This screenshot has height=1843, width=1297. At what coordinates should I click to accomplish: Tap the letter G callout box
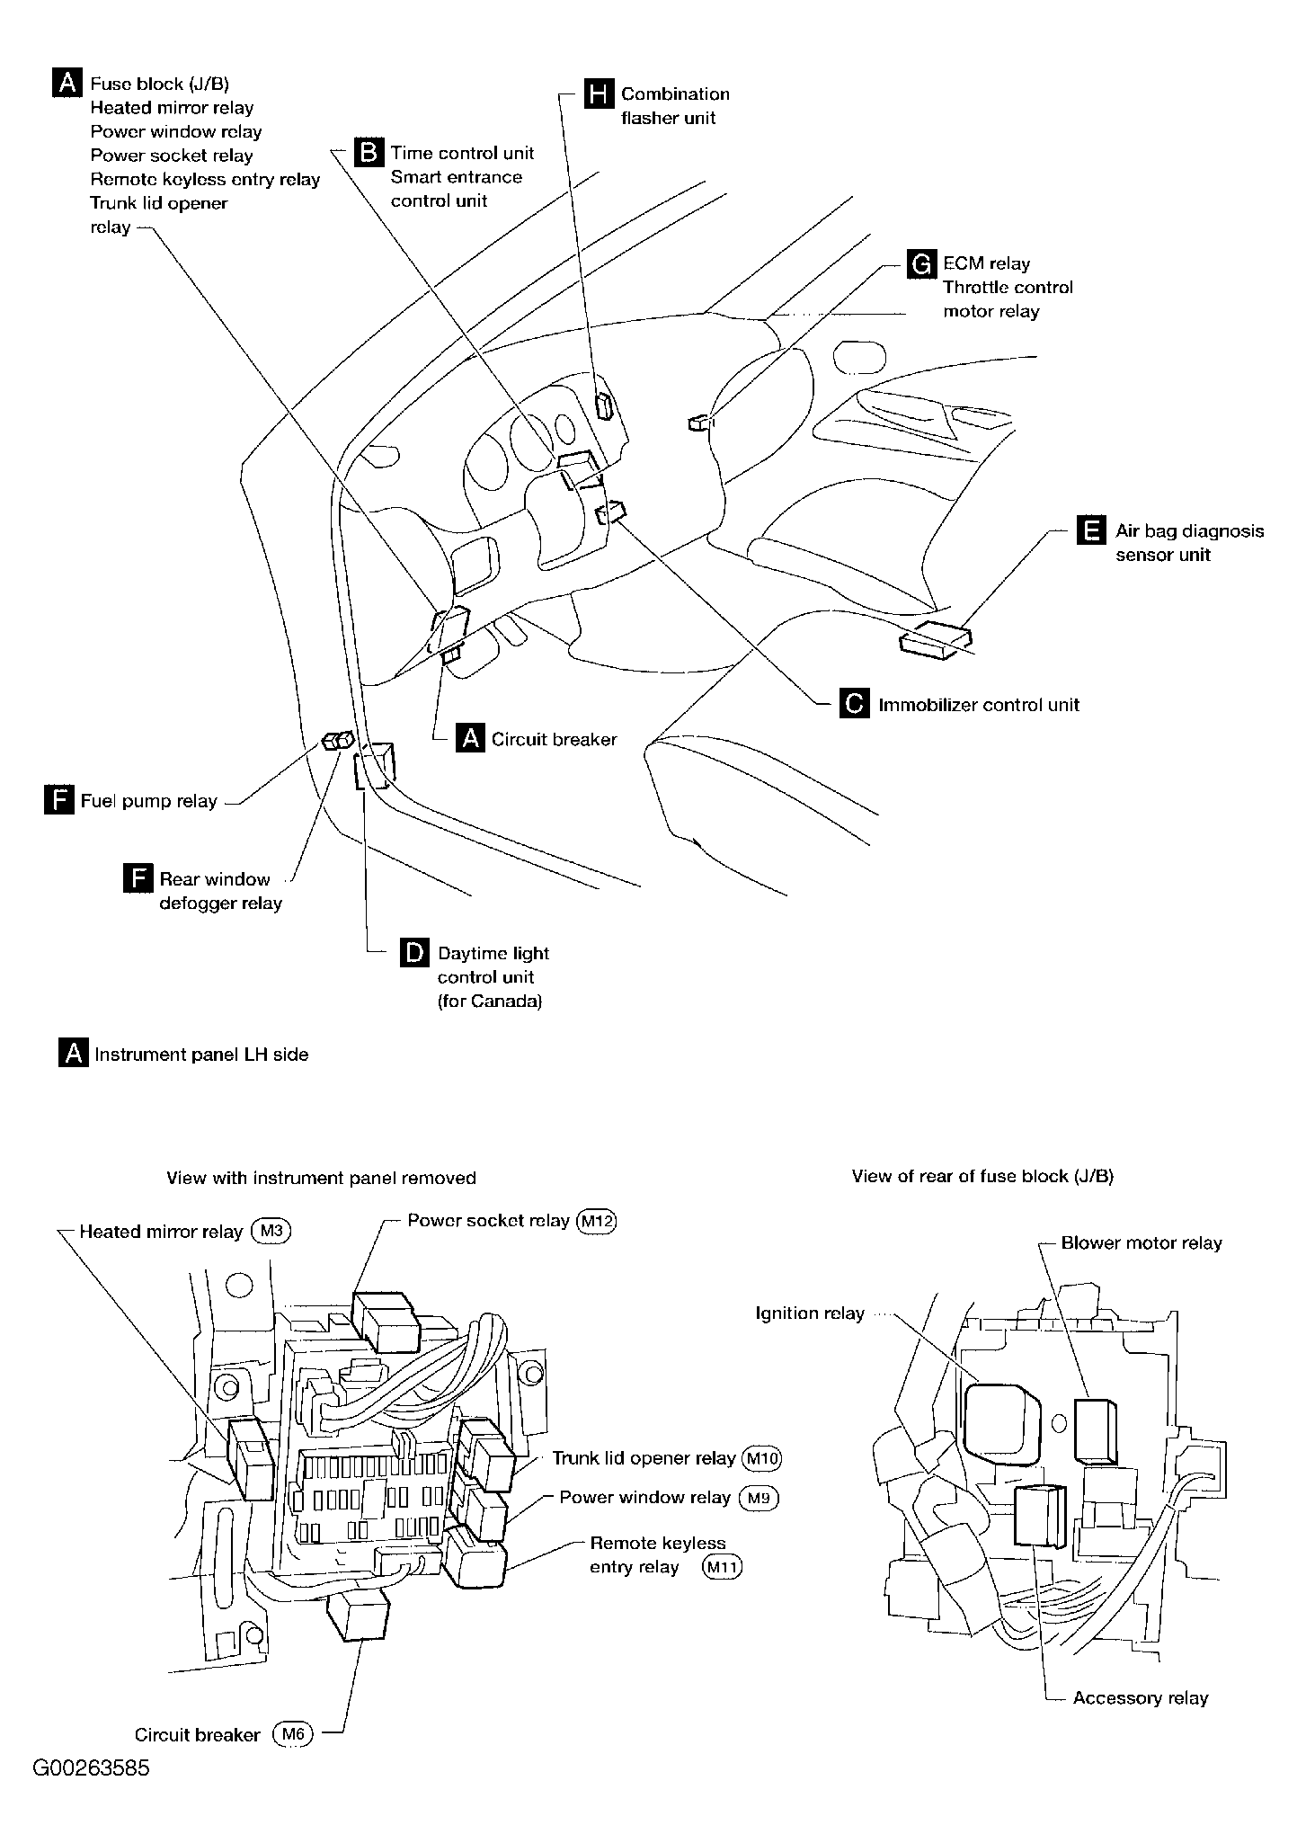click(x=920, y=263)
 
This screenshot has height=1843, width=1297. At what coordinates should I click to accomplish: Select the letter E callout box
click(x=1090, y=530)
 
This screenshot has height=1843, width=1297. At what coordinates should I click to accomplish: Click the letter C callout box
click(x=854, y=704)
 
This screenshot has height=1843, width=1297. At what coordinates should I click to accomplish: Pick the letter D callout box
click(x=413, y=953)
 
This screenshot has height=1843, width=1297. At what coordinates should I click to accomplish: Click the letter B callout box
click(x=369, y=153)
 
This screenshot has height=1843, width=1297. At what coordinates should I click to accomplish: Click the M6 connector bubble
click(x=292, y=1735)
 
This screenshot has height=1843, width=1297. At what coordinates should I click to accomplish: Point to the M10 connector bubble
click(x=761, y=1458)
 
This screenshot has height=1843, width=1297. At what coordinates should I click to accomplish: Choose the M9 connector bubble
click(x=758, y=1498)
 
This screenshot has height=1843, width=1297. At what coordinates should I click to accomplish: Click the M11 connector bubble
click(x=723, y=1568)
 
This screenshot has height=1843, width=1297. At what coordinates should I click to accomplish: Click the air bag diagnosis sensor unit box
click(x=936, y=640)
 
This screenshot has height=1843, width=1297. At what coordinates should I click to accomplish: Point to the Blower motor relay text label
click(x=1142, y=1243)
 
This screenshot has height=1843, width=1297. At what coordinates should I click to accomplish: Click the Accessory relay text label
click(x=1140, y=1698)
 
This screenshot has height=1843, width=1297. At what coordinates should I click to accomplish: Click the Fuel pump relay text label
click(x=149, y=801)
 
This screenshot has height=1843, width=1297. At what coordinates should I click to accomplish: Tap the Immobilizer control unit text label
click(x=979, y=705)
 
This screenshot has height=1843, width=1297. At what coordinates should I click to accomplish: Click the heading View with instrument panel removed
click(x=321, y=1178)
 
